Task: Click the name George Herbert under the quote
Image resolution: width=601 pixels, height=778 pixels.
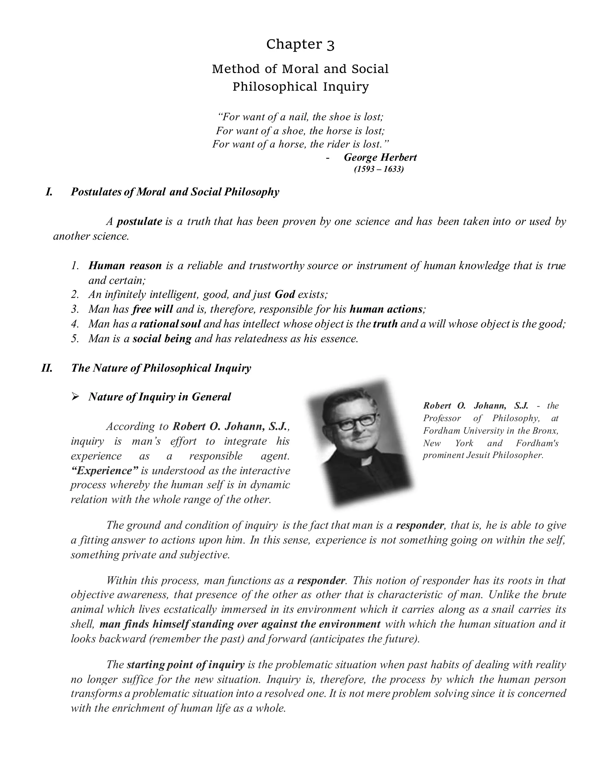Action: (x=380, y=157)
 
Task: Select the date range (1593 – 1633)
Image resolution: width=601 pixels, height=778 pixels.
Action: (x=379, y=169)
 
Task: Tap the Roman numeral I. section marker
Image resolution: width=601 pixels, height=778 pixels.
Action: (x=49, y=192)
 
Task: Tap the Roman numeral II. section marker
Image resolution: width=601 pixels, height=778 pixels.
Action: (x=47, y=368)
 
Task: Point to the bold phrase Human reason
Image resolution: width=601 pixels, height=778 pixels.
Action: (x=125, y=266)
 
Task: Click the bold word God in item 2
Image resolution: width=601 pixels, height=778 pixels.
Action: (x=285, y=294)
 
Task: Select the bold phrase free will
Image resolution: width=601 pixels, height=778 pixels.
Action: (x=152, y=309)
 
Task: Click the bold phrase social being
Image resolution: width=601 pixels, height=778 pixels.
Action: (x=162, y=339)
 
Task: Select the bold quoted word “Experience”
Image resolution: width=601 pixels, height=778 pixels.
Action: (x=104, y=471)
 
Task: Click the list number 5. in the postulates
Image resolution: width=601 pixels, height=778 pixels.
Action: (x=75, y=339)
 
